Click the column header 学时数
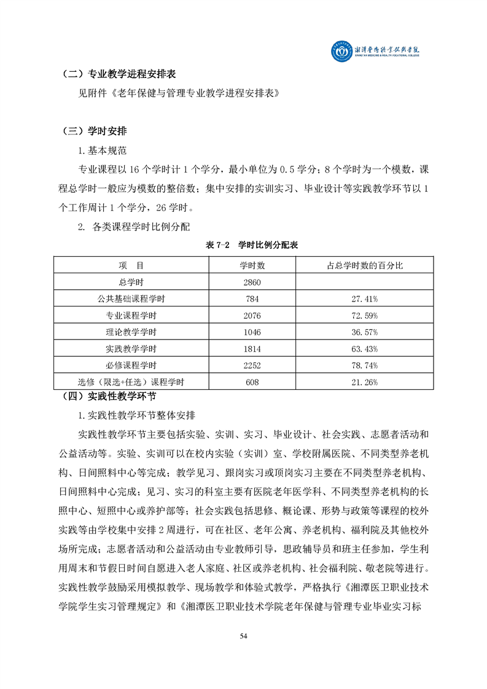pyautogui.click(x=252, y=265)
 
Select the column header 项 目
pyautogui.click(x=131, y=265)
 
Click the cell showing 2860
pyautogui.click(x=252, y=282)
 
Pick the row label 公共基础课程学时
pyautogui.click(x=131, y=298)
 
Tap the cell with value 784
pyautogui.click(x=252, y=298)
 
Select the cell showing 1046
pyautogui.click(x=252, y=332)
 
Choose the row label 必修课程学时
pyautogui.click(x=131, y=365)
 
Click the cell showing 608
pyautogui.click(x=252, y=382)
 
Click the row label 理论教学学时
pyautogui.click(x=131, y=332)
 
